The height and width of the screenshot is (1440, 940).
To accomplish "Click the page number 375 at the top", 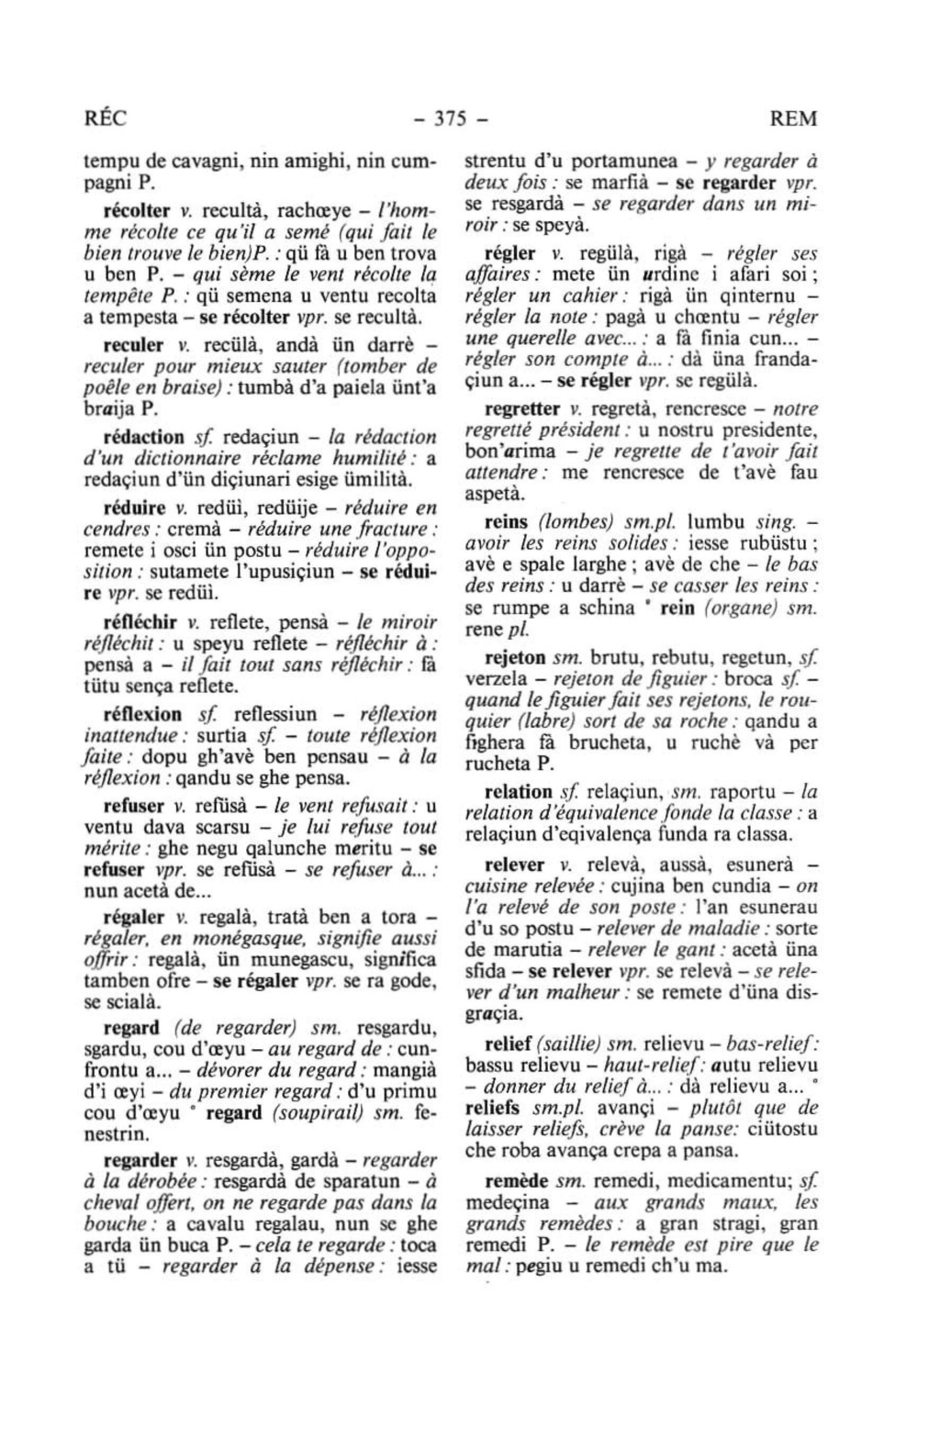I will [451, 119].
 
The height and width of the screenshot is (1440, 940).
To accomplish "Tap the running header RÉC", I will [104, 119].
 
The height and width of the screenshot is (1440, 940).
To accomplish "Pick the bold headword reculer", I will [133, 346].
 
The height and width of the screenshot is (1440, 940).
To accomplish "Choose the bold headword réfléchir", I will [138, 621].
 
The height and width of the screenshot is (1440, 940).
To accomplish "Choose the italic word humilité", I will [376, 459].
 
